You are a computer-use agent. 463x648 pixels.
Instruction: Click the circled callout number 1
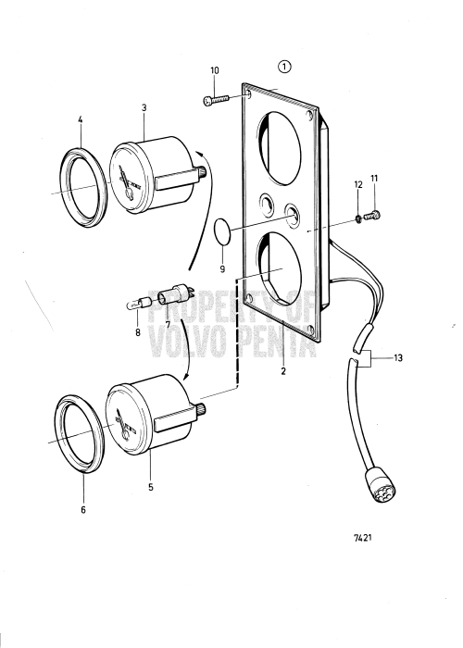[284, 67]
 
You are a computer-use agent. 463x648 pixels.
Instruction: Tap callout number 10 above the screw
[215, 71]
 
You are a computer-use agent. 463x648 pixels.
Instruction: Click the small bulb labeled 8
[139, 303]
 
